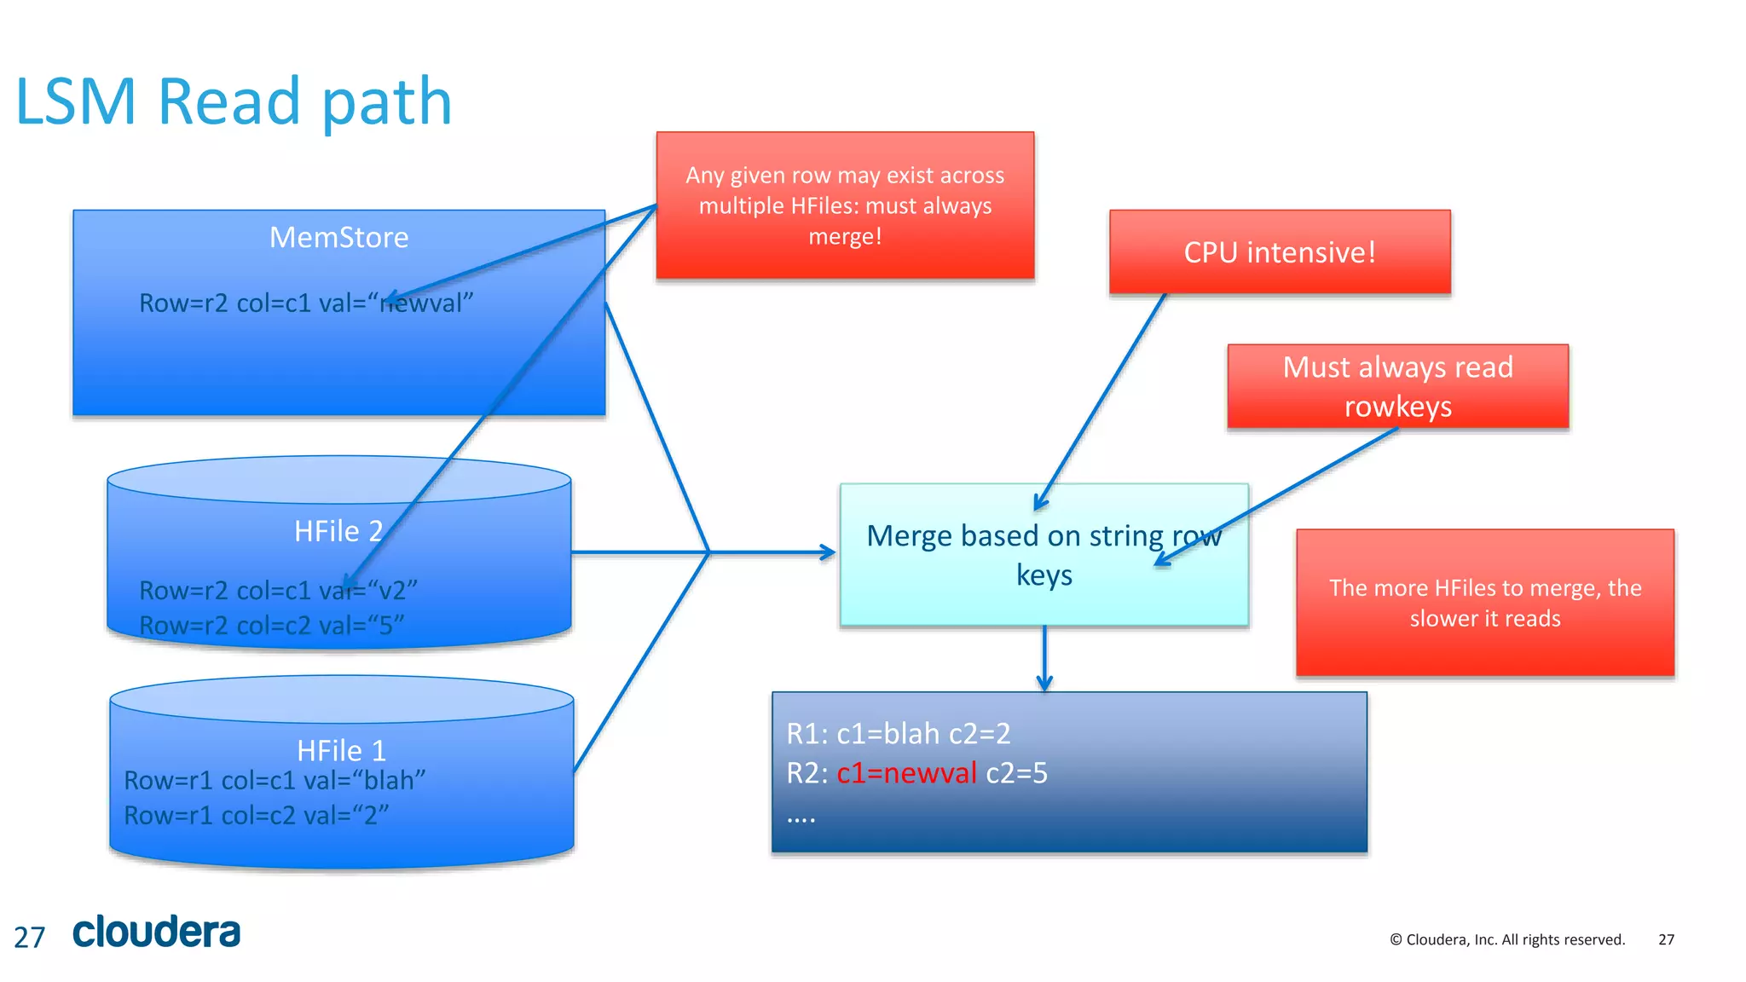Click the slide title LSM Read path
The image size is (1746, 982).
click(233, 101)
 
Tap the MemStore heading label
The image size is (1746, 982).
click(338, 237)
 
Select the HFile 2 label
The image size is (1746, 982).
click(338, 531)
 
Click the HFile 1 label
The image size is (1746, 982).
click(341, 750)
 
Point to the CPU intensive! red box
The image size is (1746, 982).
click(1279, 252)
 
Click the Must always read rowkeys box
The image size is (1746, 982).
click(1397, 386)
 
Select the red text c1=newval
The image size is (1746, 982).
click(906, 773)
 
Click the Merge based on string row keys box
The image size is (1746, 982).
click(1044, 555)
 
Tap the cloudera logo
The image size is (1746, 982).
click(157, 932)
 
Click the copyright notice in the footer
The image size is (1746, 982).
click(1506, 939)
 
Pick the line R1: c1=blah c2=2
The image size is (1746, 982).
click(898, 733)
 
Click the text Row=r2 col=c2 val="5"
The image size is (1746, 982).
click(271, 626)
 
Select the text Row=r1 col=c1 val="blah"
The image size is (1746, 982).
click(275, 780)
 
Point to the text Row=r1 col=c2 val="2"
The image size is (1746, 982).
click(256, 816)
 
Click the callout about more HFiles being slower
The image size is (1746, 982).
click(1484, 603)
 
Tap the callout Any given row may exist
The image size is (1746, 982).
click(845, 205)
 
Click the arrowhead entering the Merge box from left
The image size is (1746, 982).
click(827, 552)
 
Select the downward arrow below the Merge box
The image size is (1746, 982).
click(1044, 661)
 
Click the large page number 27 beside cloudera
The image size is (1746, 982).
click(29, 938)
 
